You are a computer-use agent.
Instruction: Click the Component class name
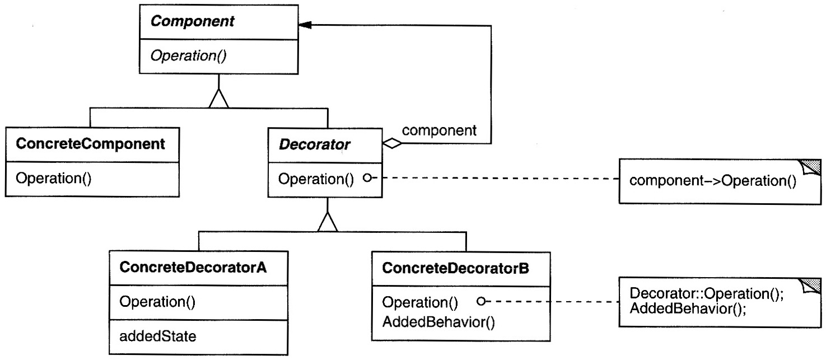click(x=192, y=21)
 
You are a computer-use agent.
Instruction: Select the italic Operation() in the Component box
click(x=188, y=55)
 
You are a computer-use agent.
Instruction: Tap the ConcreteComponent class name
click(x=90, y=144)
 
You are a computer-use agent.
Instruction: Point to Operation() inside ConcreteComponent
click(x=53, y=179)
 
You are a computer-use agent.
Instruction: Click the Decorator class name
click(x=315, y=144)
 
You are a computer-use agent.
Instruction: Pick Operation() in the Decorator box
click(x=316, y=179)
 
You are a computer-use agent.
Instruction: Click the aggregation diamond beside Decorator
click(x=393, y=143)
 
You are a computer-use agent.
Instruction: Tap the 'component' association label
click(x=439, y=130)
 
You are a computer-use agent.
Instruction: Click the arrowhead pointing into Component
click(x=305, y=25)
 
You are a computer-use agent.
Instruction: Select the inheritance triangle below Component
click(x=218, y=99)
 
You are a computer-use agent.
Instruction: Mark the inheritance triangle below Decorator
click(x=328, y=222)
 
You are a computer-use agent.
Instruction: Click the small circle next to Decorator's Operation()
click(x=367, y=178)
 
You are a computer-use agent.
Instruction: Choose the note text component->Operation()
click(x=713, y=181)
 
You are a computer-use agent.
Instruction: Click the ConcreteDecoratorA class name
click(x=193, y=268)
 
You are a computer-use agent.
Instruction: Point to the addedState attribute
click(x=158, y=336)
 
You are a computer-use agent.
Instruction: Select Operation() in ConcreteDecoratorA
click(x=157, y=302)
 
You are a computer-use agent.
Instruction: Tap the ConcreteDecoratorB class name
click(x=455, y=268)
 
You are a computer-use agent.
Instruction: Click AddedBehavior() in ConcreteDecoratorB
click(x=438, y=322)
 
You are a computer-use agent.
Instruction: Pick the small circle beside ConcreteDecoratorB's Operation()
click(x=481, y=301)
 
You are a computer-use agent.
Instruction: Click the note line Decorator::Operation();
click(x=707, y=293)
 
